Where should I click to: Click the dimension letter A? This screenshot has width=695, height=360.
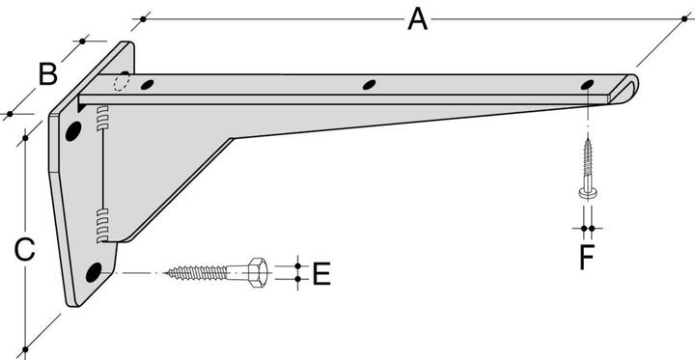point(418,20)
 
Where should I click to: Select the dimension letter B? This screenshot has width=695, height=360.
point(48,74)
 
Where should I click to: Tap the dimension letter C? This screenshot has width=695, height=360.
point(24,250)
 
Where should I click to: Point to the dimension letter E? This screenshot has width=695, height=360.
point(321,273)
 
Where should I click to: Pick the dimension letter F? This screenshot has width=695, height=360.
point(587,258)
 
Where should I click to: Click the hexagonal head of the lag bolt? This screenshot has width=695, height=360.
point(257,272)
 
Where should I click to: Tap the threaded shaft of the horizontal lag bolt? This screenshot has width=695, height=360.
point(197,273)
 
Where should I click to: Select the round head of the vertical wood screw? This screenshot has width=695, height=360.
point(587,192)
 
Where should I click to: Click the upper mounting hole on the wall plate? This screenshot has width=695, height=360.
point(73,131)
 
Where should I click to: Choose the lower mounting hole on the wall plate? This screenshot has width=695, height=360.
point(94,272)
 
